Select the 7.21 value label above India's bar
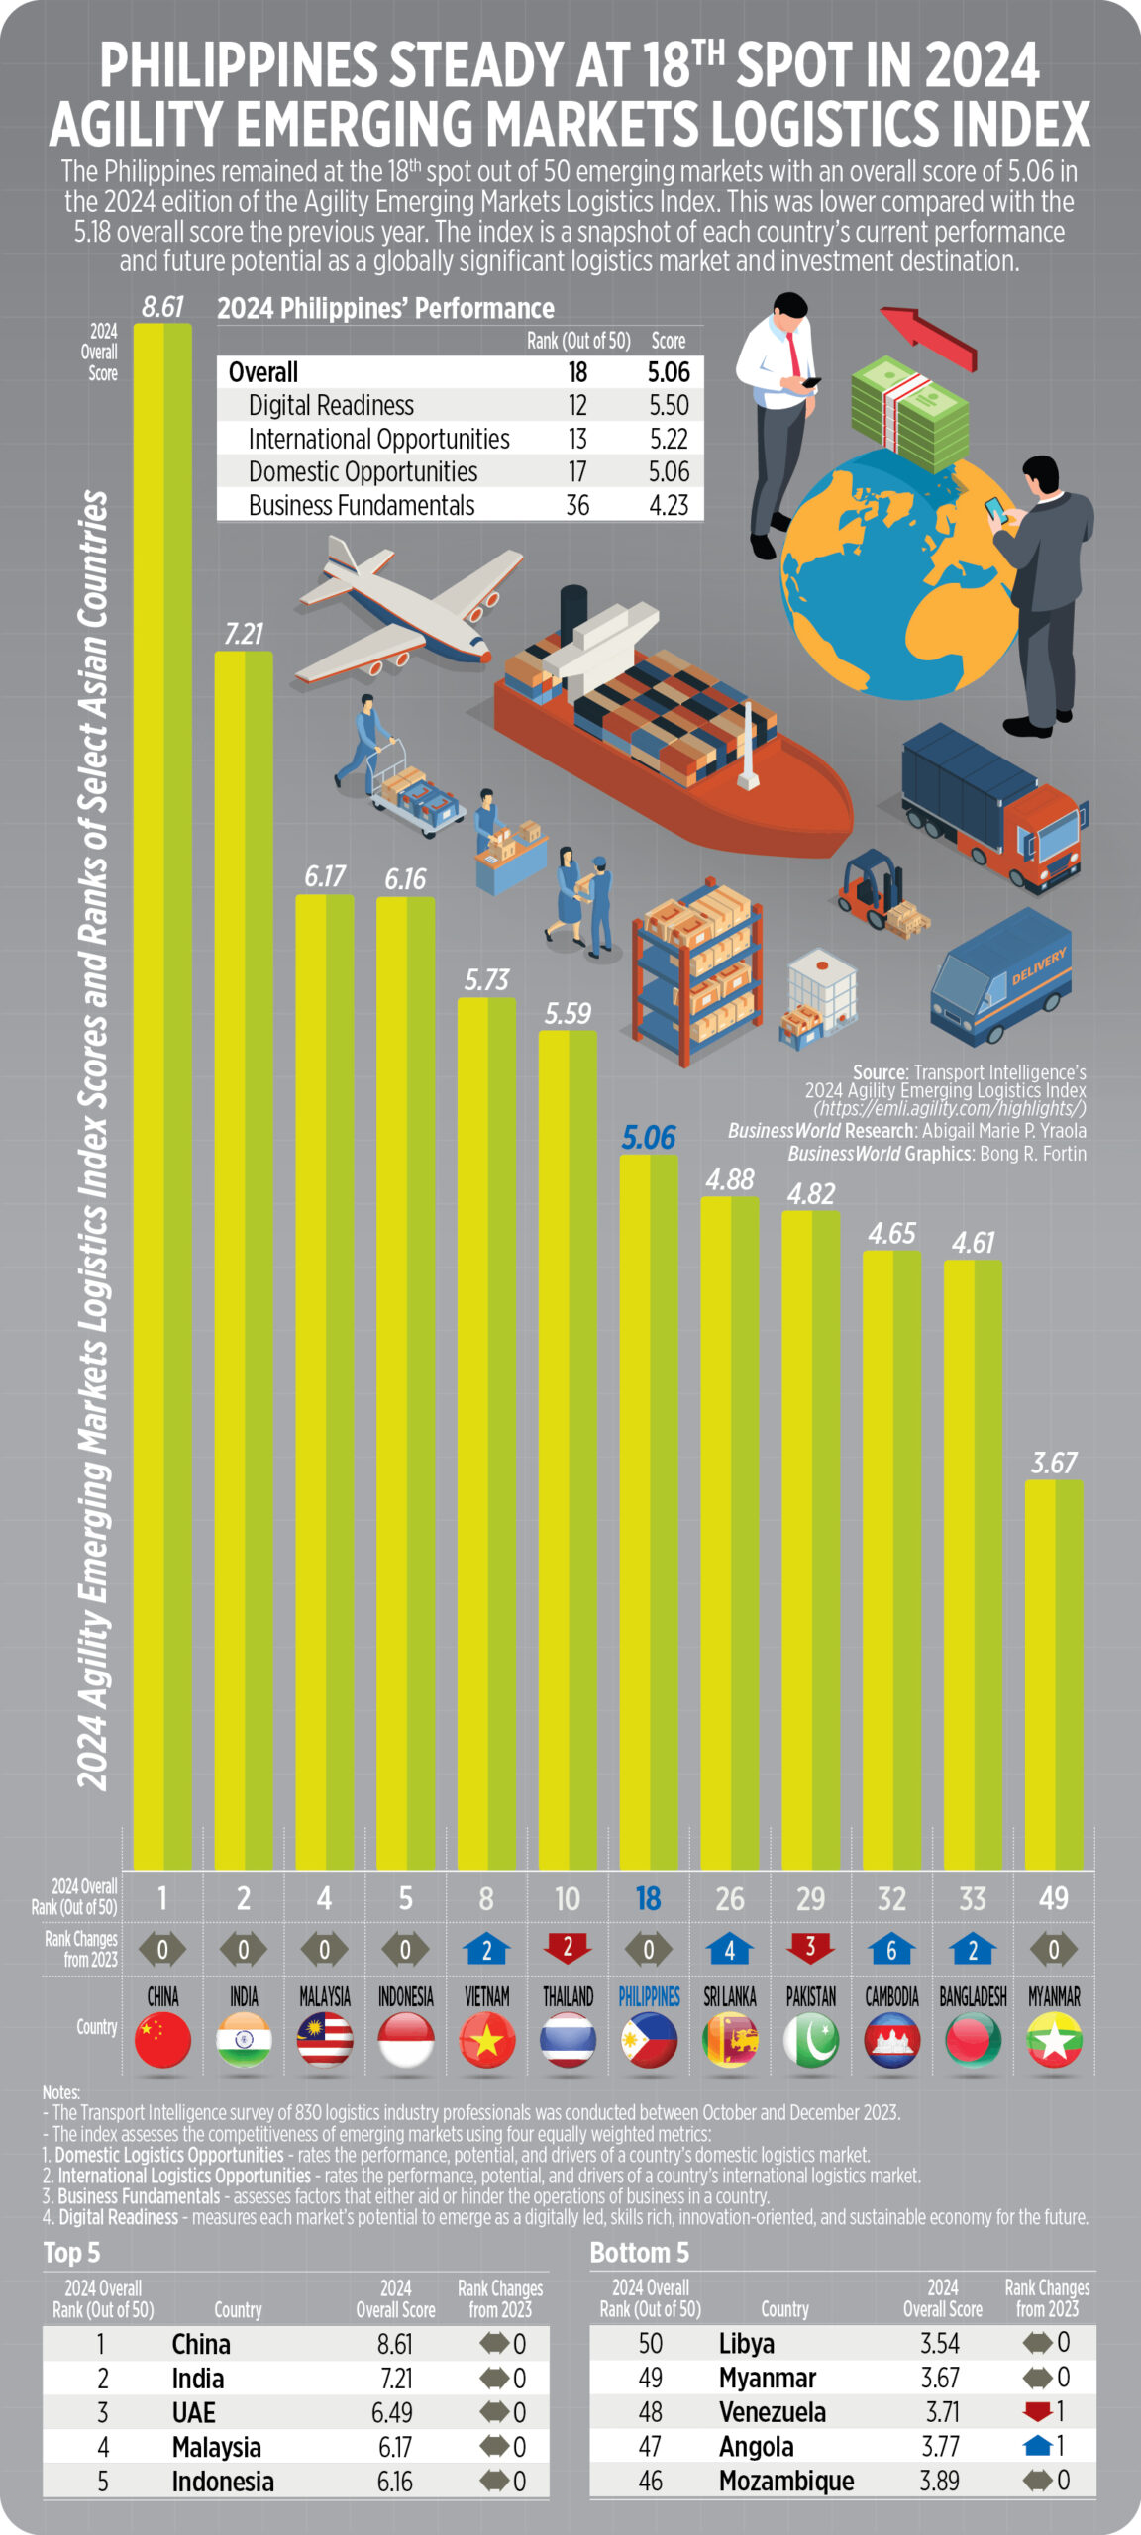click(244, 634)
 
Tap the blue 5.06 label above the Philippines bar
click(649, 1138)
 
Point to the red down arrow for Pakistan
click(810, 1948)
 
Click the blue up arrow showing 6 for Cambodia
click(891, 1949)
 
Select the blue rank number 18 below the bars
click(648, 1897)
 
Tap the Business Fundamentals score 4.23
click(669, 505)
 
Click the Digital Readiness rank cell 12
click(577, 405)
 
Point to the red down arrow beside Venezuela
click(1037, 2411)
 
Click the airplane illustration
click(411, 609)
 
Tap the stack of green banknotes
click(909, 413)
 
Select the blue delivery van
click(999, 980)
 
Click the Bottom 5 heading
click(639, 2253)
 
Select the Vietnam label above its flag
click(486, 1996)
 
